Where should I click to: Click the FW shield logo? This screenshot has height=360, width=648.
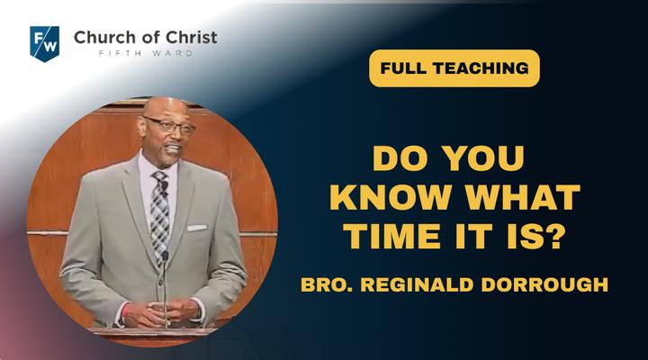pyautogui.click(x=45, y=44)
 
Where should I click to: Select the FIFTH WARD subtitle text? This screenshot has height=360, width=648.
pyautogui.click(x=146, y=53)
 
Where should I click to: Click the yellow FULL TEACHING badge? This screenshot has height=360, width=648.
pyautogui.click(x=454, y=68)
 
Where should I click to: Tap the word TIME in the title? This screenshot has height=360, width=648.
pyautogui.click(x=392, y=236)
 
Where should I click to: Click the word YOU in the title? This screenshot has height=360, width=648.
pyautogui.click(x=483, y=158)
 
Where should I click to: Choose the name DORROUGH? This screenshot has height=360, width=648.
pyautogui.click(x=544, y=284)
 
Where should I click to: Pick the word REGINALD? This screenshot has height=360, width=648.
pyautogui.click(x=417, y=284)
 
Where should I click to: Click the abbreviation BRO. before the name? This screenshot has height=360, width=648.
pyautogui.click(x=327, y=284)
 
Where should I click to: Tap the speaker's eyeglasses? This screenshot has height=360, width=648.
pyautogui.click(x=170, y=126)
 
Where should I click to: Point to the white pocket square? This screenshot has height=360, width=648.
pyautogui.click(x=197, y=228)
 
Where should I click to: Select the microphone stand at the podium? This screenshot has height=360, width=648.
pyautogui.click(x=166, y=289)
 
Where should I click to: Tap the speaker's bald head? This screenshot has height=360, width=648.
pyautogui.click(x=166, y=108)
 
